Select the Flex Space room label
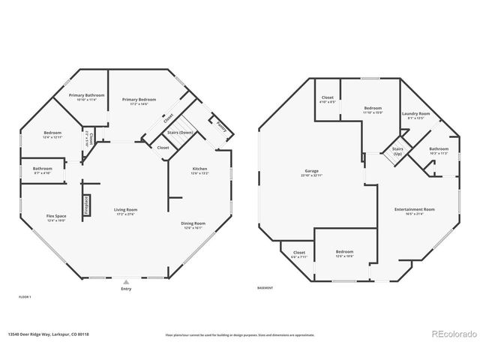click(x=35, y=216)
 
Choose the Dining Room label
click(x=193, y=223)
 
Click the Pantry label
click(x=220, y=127)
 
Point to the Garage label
click(x=311, y=172)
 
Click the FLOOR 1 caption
click(x=25, y=297)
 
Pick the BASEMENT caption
click(x=264, y=289)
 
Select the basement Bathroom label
click(x=439, y=149)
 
